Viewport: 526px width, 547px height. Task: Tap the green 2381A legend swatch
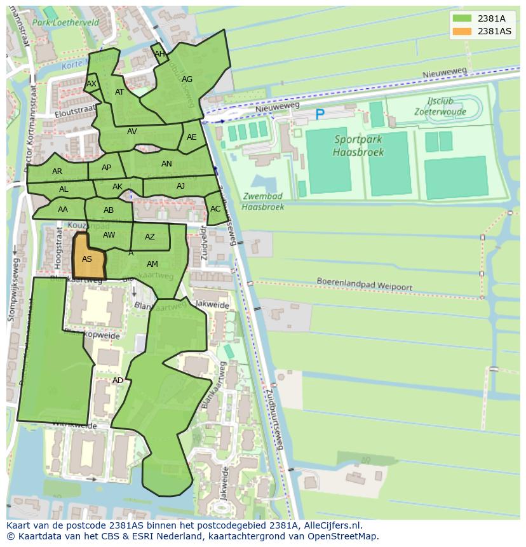[462, 18]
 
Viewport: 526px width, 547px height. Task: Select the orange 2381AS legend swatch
[462, 31]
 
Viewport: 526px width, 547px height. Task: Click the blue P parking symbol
[320, 115]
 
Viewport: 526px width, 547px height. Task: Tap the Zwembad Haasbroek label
[263, 201]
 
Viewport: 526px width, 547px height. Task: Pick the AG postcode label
[187, 79]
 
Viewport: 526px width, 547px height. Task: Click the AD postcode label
[118, 381]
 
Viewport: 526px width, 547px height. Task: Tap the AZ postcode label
[150, 237]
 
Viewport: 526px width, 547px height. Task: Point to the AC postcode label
[215, 209]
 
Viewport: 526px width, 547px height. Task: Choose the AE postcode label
[192, 137]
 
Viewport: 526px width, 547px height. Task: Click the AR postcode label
[57, 172]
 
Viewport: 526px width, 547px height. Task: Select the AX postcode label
[91, 84]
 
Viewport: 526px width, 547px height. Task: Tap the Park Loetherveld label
[75, 22]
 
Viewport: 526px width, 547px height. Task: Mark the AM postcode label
[152, 264]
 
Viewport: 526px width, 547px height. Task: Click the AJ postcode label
[181, 186]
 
